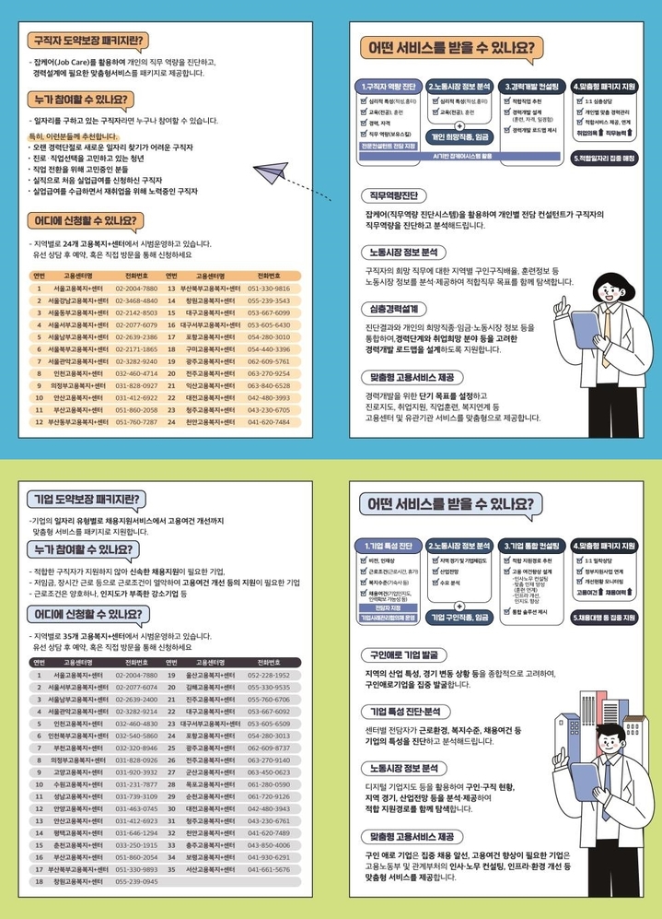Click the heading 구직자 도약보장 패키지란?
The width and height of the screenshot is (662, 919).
[86, 41]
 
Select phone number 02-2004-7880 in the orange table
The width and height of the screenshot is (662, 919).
[136, 289]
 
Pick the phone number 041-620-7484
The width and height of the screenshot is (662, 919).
[269, 422]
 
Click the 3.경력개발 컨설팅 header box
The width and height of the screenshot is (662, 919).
[532, 86]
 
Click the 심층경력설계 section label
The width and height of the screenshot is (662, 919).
[399, 308]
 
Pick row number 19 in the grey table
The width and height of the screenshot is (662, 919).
[171, 675]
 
